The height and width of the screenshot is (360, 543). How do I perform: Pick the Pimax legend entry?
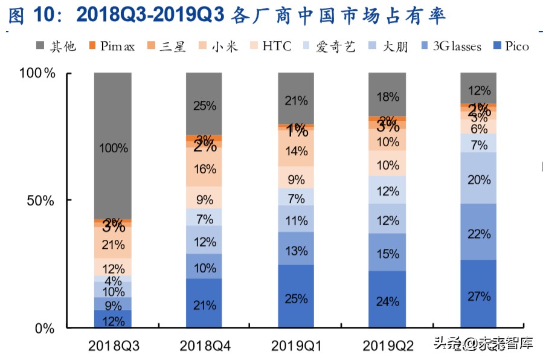tap(112, 47)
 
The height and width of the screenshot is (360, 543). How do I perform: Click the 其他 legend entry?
tap(56, 47)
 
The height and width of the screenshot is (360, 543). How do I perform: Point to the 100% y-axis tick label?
tap(38, 74)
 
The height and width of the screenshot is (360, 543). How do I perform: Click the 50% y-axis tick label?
tap(42, 201)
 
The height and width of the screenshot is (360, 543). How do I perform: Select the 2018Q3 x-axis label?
tap(113, 346)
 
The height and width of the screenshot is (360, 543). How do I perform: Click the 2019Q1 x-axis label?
tap(296, 346)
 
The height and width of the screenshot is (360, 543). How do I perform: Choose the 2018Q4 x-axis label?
tap(205, 346)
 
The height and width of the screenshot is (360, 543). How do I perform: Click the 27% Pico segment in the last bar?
tap(478, 295)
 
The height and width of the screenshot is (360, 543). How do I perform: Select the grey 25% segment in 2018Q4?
tap(205, 105)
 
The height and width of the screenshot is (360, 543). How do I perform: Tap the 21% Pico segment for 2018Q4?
tap(205, 304)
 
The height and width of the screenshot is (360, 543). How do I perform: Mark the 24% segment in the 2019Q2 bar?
tap(387, 300)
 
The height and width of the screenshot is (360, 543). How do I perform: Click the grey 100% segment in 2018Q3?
tap(113, 147)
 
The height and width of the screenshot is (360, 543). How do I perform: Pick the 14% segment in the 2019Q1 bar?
tap(296, 151)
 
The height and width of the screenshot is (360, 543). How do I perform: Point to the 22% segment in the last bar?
tap(478, 234)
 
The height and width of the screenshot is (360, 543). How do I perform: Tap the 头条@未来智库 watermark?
tap(489, 344)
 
